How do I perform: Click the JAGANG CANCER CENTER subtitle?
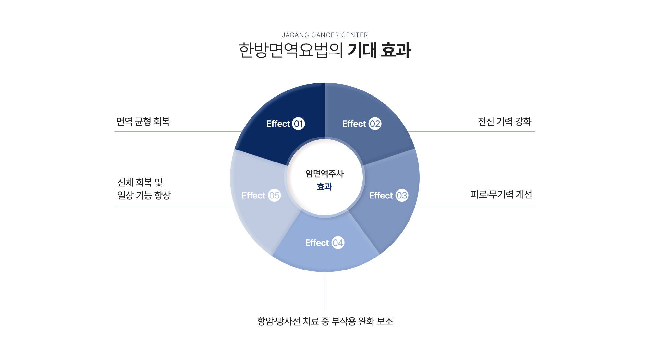coord(325,35)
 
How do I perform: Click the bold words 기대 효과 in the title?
coord(379,51)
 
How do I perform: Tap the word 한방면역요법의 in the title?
coord(291,51)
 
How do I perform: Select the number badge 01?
coord(298,124)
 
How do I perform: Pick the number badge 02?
coord(375,124)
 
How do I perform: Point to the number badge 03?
coord(402,195)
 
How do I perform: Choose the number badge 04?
coord(338,243)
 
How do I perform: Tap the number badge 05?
coord(274,195)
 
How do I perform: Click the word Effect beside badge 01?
coord(278,124)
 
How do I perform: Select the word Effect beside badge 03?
coord(381,195)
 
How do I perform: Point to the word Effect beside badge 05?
coord(253,195)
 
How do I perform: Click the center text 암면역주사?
coord(324,174)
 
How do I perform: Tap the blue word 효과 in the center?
coord(324,186)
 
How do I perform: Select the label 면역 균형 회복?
coord(143,121)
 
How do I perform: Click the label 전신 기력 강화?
coord(505,121)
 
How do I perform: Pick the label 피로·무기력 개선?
coord(501,194)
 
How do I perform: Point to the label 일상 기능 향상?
coord(144,195)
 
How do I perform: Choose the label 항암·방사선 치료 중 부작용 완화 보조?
coord(325,321)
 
